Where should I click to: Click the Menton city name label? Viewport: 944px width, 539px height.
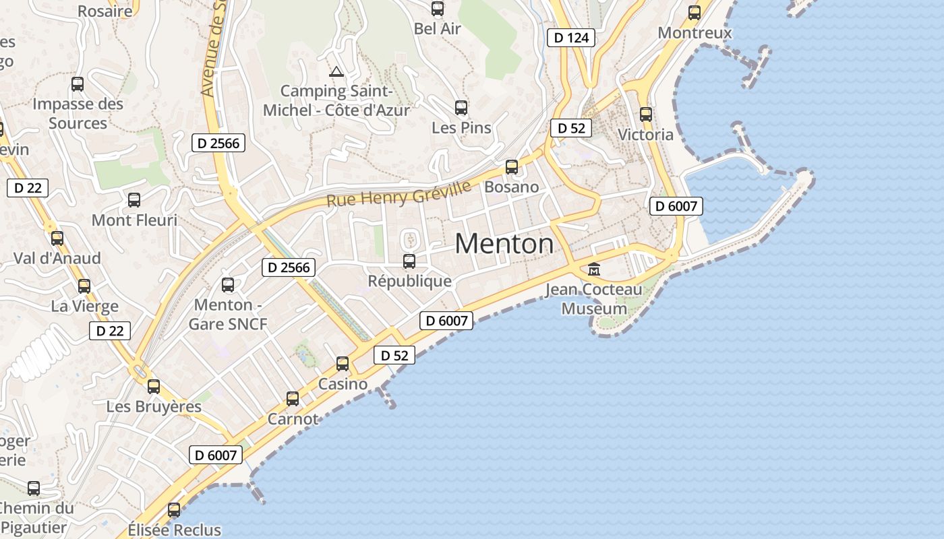(x=504, y=243)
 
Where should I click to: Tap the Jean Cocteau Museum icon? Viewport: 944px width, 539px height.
(x=594, y=269)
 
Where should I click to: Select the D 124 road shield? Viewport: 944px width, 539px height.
(x=571, y=38)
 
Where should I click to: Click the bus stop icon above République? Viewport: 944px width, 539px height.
(x=409, y=261)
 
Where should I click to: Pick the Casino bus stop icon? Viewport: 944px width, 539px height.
(x=343, y=364)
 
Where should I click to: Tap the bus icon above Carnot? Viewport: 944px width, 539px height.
(x=293, y=398)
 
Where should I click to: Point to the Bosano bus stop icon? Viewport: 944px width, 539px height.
(x=512, y=166)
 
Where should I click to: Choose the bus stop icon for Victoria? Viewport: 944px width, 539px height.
(x=646, y=114)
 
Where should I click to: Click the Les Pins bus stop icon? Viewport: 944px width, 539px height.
(x=461, y=107)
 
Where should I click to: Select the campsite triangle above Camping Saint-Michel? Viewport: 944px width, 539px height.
(x=336, y=71)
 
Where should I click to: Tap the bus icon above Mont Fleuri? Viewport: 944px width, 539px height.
(x=134, y=200)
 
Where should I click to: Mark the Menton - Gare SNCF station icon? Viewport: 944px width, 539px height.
(x=228, y=285)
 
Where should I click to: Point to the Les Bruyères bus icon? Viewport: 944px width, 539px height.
(x=154, y=386)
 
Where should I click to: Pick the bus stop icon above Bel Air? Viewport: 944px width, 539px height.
(x=438, y=9)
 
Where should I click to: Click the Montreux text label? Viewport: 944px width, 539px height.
(x=695, y=33)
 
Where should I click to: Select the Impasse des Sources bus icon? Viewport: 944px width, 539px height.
(x=78, y=84)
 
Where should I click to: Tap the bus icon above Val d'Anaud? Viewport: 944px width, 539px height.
(x=57, y=238)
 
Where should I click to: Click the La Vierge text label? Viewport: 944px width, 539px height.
(x=85, y=307)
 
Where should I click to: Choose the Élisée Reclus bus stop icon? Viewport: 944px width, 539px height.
(x=174, y=510)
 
